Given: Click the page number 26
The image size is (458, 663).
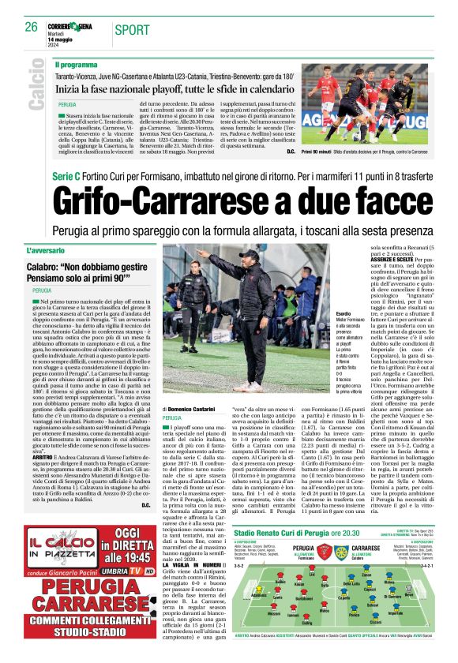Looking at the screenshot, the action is [x=32, y=28].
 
